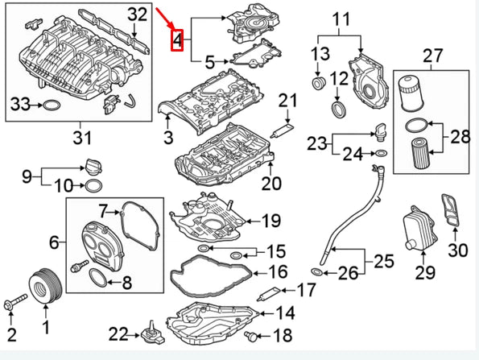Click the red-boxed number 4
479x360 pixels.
click(177, 38)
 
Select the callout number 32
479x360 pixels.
click(138, 14)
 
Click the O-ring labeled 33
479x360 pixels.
click(50, 105)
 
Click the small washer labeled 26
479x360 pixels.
click(318, 273)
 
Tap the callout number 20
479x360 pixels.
click(271, 184)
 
